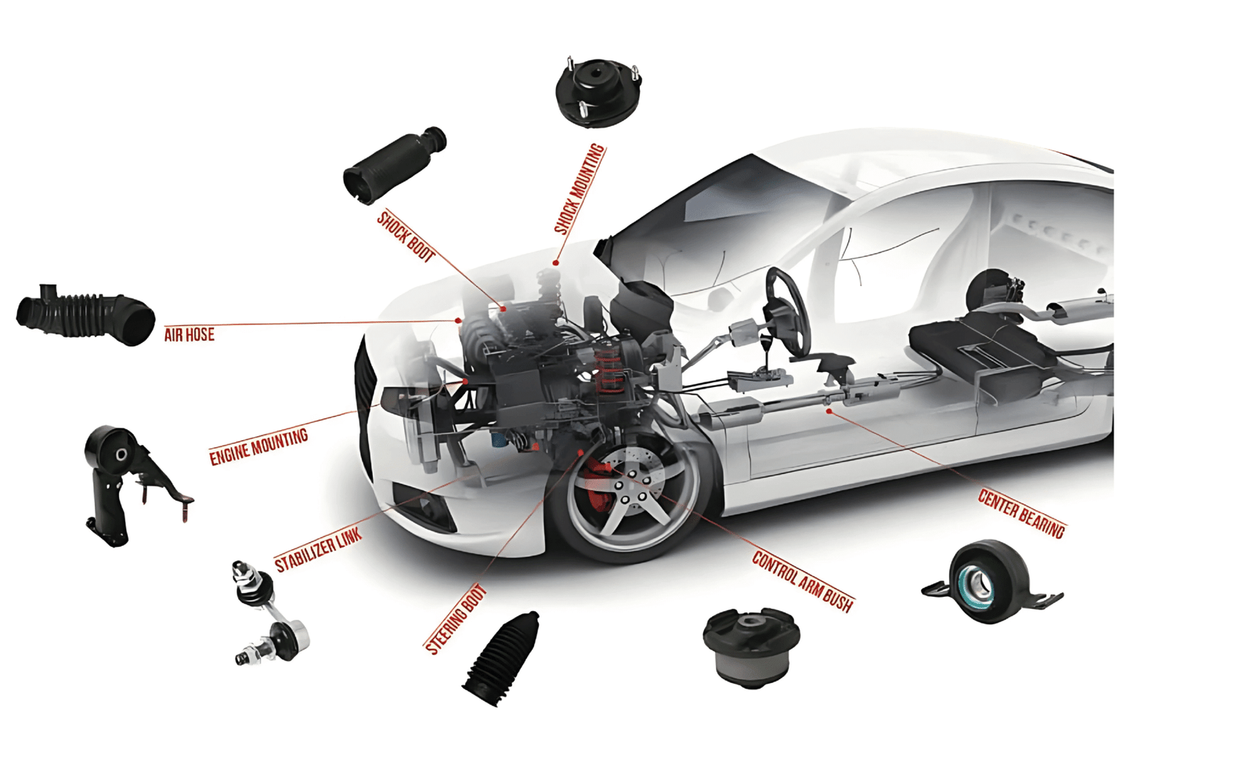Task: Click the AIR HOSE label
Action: point(189,334)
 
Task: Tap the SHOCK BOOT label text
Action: point(406,237)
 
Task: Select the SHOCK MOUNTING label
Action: point(580,189)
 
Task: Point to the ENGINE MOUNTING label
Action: point(258,447)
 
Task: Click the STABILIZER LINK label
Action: point(318,550)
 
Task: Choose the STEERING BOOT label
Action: point(456,619)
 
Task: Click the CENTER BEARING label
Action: point(1022,514)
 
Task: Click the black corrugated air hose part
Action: point(85,314)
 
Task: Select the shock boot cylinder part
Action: point(395,165)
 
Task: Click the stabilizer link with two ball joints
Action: point(269,613)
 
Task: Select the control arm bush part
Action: point(751,648)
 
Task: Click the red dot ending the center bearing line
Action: point(829,411)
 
